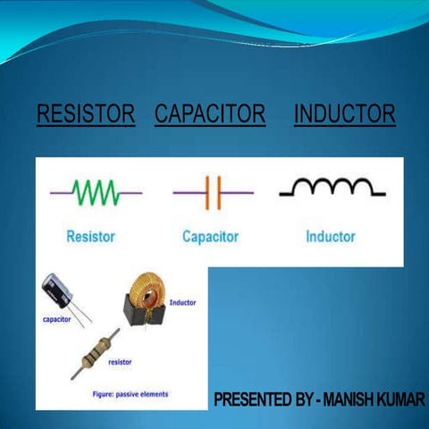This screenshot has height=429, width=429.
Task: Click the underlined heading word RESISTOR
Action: point(85,114)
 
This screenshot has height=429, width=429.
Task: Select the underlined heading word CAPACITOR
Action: point(210,114)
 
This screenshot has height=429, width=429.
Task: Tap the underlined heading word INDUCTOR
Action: point(344,114)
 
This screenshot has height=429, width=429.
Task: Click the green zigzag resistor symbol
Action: point(96,191)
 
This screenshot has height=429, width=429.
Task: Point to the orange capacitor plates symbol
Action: point(212,192)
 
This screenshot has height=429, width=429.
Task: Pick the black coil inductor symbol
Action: point(332,187)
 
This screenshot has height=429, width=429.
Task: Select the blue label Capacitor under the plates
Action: point(210,237)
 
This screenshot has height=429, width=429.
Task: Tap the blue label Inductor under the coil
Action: point(330,237)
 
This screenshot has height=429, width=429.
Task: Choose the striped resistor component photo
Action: point(100,349)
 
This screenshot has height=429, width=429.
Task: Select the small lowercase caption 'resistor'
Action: point(121,363)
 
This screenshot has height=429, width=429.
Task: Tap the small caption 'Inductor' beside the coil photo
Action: point(182,303)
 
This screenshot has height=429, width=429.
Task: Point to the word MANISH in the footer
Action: point(356,399)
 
